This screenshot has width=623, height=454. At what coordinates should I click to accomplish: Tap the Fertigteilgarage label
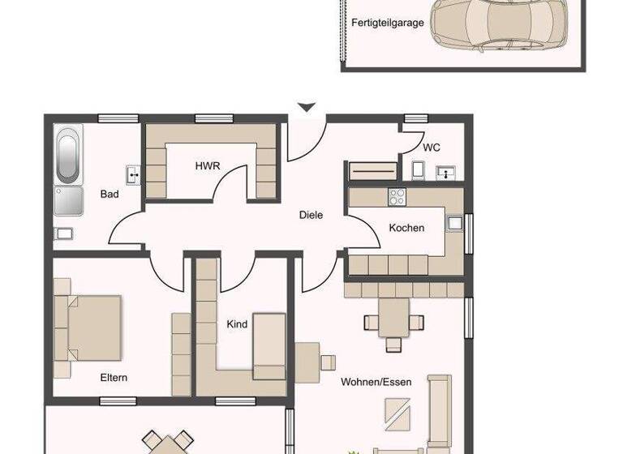pyautogui.click(x=387, y=24)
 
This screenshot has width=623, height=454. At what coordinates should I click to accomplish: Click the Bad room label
pyautogui.click(x=110, y=195)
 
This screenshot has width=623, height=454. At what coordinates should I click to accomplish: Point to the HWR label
pyautogui.click(x=208, y=166)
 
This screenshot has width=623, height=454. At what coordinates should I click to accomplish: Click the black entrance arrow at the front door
pyautogui.click(x=307, y=107)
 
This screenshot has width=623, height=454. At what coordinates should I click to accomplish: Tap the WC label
pyautogui.click(x=432, y=148)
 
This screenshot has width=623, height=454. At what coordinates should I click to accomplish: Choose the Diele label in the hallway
pyautogui.click(x=311, y=215)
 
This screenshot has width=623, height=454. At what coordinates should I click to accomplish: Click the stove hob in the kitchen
pyautogui.click(x=397, y=196)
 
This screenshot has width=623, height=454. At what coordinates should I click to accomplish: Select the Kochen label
pyautogui.click(x=406, y=228)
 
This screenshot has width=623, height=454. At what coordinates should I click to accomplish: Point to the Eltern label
pyautogui.click(x=114, y=377)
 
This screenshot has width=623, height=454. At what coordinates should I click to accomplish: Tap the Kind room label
pyautogui.click(x=237, y=324)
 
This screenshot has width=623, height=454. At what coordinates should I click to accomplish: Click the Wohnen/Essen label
pyautogui.click(x=376, y=382)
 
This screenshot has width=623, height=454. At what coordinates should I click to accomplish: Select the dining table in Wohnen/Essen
pyautogui.click(x=394, y=317)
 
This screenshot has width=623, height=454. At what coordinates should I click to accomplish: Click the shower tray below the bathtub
pyautogui.click(x=68, y=200)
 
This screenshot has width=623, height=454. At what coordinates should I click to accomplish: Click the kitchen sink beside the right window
pyautogui.click(x=454, y=222)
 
